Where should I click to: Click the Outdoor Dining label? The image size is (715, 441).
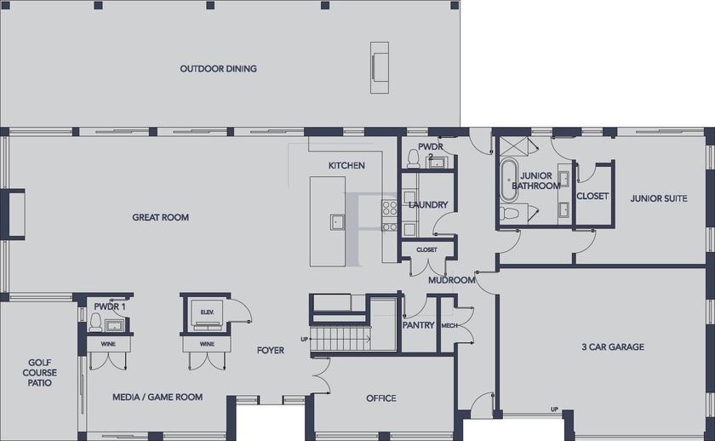pos(218,69)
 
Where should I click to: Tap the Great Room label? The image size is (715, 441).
pos(161,218)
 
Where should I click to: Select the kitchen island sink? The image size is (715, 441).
pos(337,221)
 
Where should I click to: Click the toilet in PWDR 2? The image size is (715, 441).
pos(413,158)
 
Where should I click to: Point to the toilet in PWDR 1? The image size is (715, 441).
pos(95,323)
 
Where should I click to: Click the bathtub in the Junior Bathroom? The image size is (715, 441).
pos(508,180)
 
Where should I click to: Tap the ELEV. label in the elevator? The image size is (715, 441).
pos(207,312)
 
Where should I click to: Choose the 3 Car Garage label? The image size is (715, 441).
pos(613,347)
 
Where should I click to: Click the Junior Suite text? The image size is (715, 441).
pos(659,198)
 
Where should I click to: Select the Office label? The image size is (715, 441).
pos(381,398)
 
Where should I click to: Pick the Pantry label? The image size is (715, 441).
pos(418,325)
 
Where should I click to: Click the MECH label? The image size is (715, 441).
pos(449,325)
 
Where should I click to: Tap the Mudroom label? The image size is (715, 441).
pos(452,280)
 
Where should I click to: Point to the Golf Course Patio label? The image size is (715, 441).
pos(40,373)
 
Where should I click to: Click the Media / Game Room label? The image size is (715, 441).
pos(157,398)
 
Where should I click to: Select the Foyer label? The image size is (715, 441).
pos(271,350)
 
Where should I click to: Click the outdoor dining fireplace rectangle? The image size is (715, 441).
pos(380,67)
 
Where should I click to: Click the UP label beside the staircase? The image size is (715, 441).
pos(304,340)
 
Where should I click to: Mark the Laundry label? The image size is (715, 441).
pos(428,205)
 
